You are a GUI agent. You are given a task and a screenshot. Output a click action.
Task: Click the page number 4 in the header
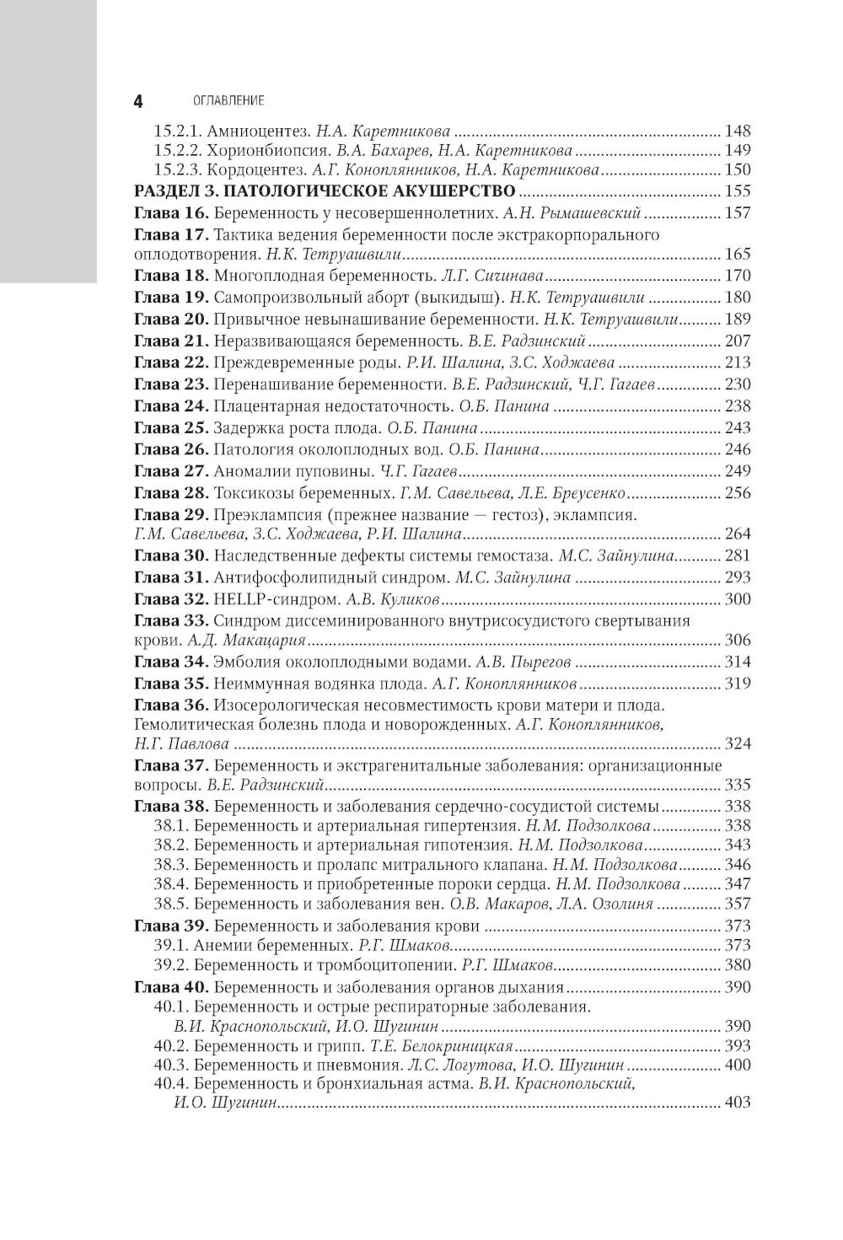point(138,101)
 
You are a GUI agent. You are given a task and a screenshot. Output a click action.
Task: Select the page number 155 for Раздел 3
point(737,191)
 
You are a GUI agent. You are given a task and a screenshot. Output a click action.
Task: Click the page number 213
point(737,363)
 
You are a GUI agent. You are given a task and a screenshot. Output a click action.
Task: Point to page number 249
point(737,470)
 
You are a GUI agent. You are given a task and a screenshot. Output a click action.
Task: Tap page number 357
point(737,904)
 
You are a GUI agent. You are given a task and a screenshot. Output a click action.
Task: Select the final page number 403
point(737,1103)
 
